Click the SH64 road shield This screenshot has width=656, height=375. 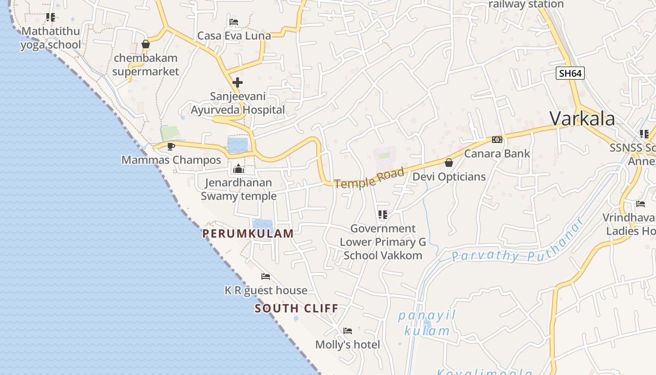[x=570, y=73]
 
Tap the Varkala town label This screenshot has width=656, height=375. [x=582, y=119]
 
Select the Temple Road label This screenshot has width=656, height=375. [x=369, y=179]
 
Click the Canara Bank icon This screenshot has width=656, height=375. [x=497, y=140]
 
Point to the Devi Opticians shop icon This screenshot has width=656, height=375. [x=449, y=163]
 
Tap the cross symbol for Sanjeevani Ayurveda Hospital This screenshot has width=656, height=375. [x=238, y=83]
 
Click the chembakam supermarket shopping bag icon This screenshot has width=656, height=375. [x=146, y=45]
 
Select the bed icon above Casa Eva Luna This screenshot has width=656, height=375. [x=234, y=22]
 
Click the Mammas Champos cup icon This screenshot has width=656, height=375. [x=171, y=146]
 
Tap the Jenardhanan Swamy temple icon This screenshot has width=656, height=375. [x=239, y=169]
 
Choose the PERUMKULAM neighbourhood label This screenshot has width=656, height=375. [x=248, y=233]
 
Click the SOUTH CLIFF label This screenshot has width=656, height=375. [x=297, y=308]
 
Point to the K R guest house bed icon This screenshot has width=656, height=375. [x=266, y=277]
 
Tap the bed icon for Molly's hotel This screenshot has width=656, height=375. [x=348, y=331]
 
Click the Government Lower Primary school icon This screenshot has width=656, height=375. [x=383, y=215]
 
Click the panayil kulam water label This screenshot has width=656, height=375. [x=427, y=323]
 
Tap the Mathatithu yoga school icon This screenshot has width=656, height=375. [x=51, y=17]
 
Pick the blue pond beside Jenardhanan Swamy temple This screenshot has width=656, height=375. [x=238, y=145]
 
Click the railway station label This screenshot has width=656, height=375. [x=526, y=5]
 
